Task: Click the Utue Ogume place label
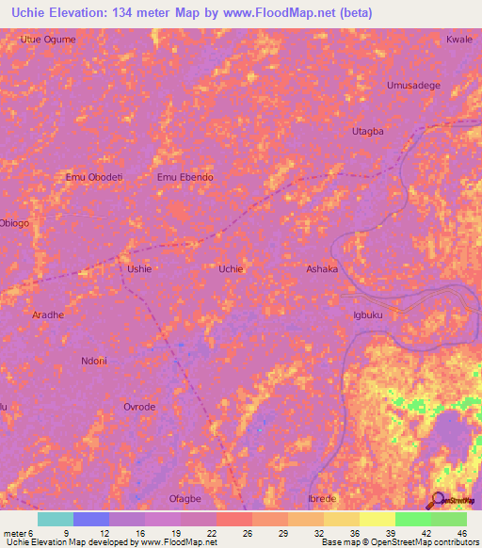(47, 40)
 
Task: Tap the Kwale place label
(458, 40)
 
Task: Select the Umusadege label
(413, 86)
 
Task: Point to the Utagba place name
(367, 132)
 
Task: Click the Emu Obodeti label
(94, 177)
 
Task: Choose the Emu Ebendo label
(185, 177)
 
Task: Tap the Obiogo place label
(14, 223)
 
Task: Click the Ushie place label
(139, 269)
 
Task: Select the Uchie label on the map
(231, 269)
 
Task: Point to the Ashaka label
(322, 269)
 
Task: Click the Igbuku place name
(367, 315)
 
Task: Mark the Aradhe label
(48, 315)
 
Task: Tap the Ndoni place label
(94, 361)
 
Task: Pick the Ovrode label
(139, 407)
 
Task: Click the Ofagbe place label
(185, 498)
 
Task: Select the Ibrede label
(322, 498)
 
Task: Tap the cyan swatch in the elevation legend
(56, 519)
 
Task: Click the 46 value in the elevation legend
(461, 532)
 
